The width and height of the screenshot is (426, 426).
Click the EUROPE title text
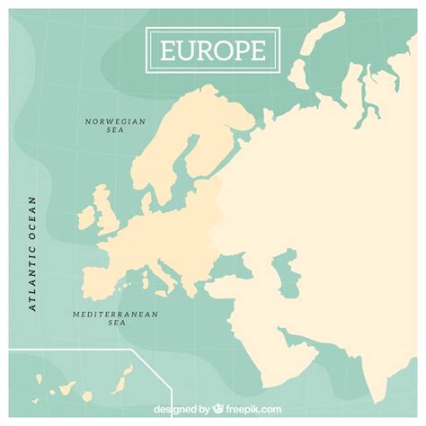click(213, 49)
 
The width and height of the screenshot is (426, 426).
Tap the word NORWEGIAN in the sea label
click(114, 121)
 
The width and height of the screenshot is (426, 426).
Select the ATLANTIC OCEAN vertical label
click(32, 253)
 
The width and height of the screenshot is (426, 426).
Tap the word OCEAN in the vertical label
click(32, 219)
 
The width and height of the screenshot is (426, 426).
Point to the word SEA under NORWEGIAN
click(114, 130)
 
